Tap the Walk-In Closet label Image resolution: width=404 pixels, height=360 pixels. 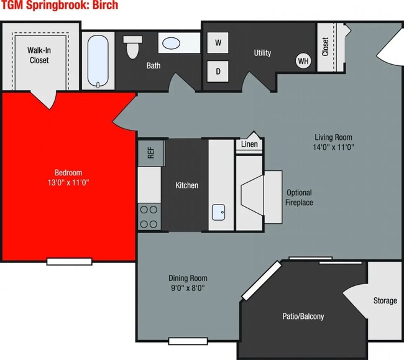pyautogui.click(x=39, y=55)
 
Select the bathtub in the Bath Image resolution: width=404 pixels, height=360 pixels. pyautogui.click(x=98, y=61)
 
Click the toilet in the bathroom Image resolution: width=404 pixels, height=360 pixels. pyautogui.click(x=132, y=48)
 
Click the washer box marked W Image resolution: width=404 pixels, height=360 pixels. pyautogui.click(x=218, y=43)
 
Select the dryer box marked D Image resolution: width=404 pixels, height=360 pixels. pyautogui.click(x=218, y=70)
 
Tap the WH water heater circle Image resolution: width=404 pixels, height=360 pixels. pyautogui.click(x=303, y=61)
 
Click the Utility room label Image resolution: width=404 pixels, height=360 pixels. pyautogui.click(x=262, y=53)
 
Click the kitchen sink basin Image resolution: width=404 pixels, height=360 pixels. pyautogui.click(x=218, y=212)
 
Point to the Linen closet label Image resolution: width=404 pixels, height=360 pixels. pyautogui.click(x=249, y=145)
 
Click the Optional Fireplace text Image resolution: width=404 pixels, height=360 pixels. pyautogui.click(x=299, y=198)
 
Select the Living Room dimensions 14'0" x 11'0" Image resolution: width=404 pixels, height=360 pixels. pyautogui.click(x=333, y=147)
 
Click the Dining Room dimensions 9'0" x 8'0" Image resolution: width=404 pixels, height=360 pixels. pyautogui.click(x=188, y=288)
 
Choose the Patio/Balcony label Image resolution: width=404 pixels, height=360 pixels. pyautogui.click(x=303, y=316)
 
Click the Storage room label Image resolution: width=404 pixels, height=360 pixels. pyautogui.click(x=385, y=301)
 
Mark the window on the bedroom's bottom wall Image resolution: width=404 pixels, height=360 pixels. pyautogui.click(x=70, y=261)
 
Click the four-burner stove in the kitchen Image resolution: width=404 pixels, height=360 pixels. pyautogui.click(x=149, y=217)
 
